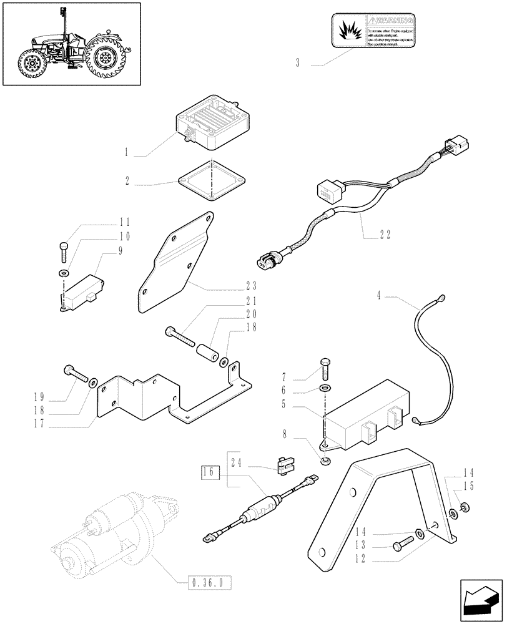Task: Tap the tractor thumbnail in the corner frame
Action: point(71,44)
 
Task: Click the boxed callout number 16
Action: point(209,472)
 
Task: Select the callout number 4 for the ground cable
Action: point(378,293)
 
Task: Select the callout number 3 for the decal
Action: point(298,62)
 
